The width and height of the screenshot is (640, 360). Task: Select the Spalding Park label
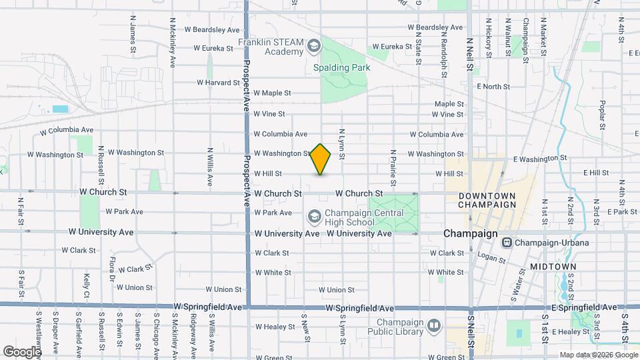(x=342, y=67)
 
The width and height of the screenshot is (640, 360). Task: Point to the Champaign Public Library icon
(x=435, y=325)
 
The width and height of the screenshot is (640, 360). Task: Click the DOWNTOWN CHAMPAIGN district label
(x=487, y=200)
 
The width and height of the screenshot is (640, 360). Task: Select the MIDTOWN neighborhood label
(x=553, y=266)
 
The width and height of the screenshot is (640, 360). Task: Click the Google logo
(x=22, y=351)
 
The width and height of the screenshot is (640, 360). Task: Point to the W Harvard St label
(x=218, y=83)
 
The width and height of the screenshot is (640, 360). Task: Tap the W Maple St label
(x=273, y=93)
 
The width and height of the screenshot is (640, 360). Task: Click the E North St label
(x=493, y=87)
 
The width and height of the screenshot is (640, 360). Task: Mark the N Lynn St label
(x=341, y=143)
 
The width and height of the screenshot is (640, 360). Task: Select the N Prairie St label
(x=393, y=167)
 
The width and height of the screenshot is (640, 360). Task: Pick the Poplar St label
(x=602, y=115)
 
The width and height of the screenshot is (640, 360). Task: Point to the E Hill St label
(x=596, y=173)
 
